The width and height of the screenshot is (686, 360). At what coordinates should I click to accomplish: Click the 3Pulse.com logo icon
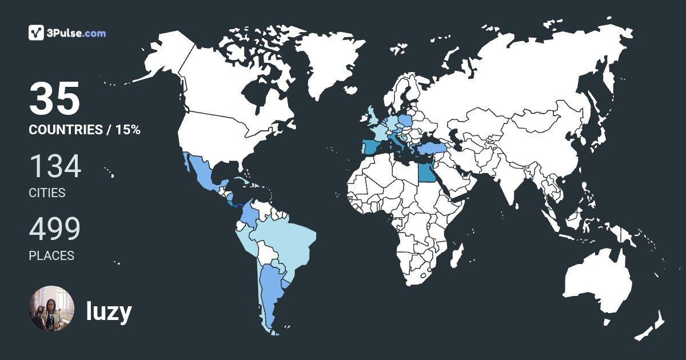pos(37,33)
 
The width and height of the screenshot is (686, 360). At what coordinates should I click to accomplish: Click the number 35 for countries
pos(54,99)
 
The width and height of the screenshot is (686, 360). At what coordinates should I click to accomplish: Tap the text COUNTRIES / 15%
pos(85,130)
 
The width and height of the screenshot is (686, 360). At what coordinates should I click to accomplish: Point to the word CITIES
pos(47,193)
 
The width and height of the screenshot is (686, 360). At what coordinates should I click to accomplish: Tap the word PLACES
pos(51,256)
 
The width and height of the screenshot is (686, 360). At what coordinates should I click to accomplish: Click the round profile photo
pos(51,309)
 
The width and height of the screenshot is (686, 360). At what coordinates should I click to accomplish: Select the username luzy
pos(109,312)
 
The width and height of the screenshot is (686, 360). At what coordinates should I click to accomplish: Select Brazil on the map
pos(286,240)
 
